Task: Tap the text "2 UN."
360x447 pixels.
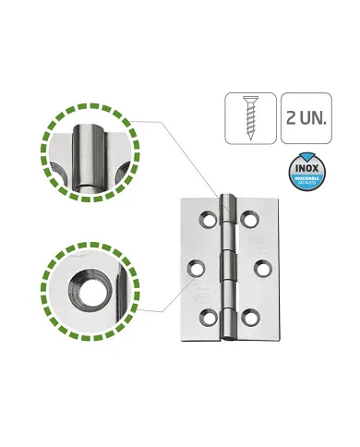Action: click(x=306, y=117)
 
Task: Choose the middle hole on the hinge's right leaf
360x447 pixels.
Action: click(x=259, y=269)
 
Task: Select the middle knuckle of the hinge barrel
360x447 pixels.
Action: click(x=228, y=269)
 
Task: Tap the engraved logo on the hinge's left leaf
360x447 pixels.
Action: click(x=198, y=296)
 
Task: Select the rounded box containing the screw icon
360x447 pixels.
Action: click(x=250, y=117)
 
